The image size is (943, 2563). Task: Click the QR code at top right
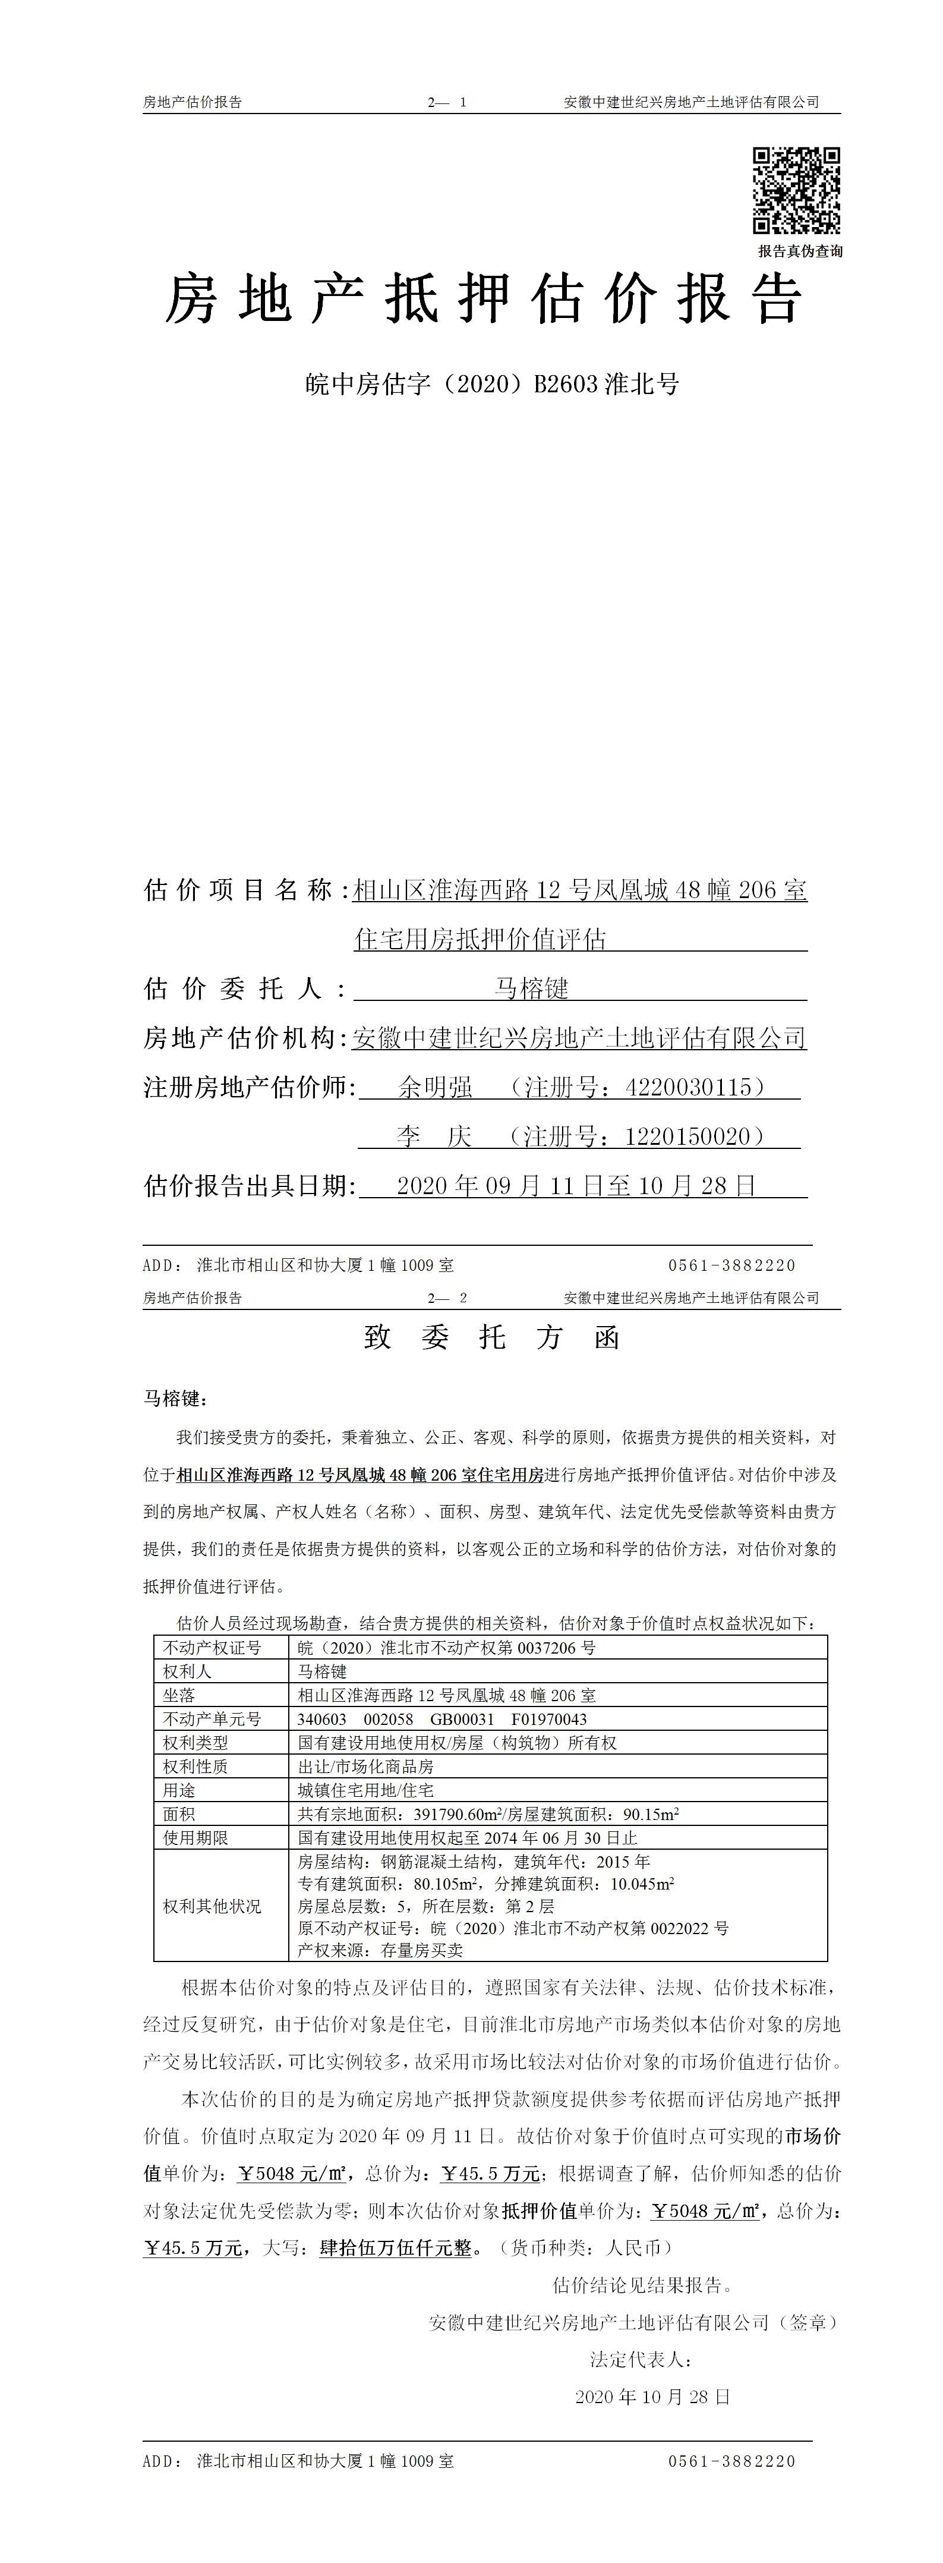click(x=796, y=190)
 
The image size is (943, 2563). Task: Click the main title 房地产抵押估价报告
click(x=484, y=300)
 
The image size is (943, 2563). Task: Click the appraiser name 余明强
click(x=435, y=1088)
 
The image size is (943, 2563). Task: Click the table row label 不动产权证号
click(x=212, y=1648)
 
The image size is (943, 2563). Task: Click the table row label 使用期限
click(x=196, y=1838)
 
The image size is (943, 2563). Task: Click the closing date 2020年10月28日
click(x=652, y=2397)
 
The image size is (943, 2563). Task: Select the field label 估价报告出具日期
click(x=249, y=1186)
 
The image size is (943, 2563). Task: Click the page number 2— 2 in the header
click(x=447, y=1298)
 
